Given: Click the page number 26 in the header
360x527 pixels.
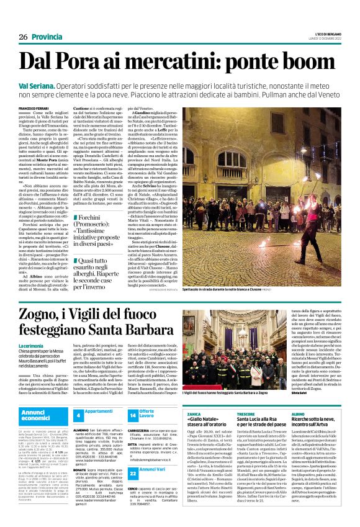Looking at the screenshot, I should click(23, 20).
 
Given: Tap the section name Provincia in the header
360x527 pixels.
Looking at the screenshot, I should click(49, 20).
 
